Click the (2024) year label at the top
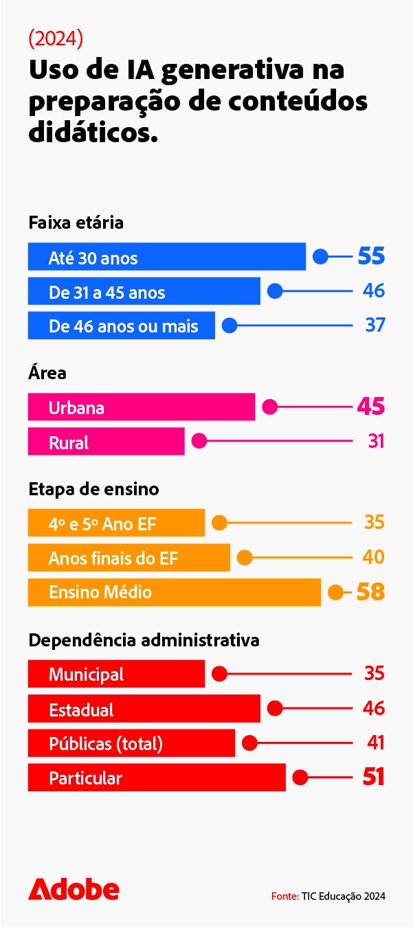(56, 39)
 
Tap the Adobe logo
(74, 889)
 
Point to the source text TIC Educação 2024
(328, 896)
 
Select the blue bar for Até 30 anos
(166, 257)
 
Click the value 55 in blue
(371, 257)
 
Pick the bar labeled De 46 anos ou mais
(121, 326)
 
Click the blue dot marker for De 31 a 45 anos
(275, 291)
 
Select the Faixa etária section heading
(76, 223)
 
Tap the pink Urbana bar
(141, 407)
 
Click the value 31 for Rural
(376, 441)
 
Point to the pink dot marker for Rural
(199, 441)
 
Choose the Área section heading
(47, 373)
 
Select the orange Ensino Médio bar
(174, 592)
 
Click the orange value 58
(370, 592)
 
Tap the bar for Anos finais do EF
(129, 558)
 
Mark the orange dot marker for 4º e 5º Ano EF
(219, 523)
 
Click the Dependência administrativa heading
(144, 640)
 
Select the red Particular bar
(156, 778)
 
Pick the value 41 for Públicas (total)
(375, 743)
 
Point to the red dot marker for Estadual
(275, 708)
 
